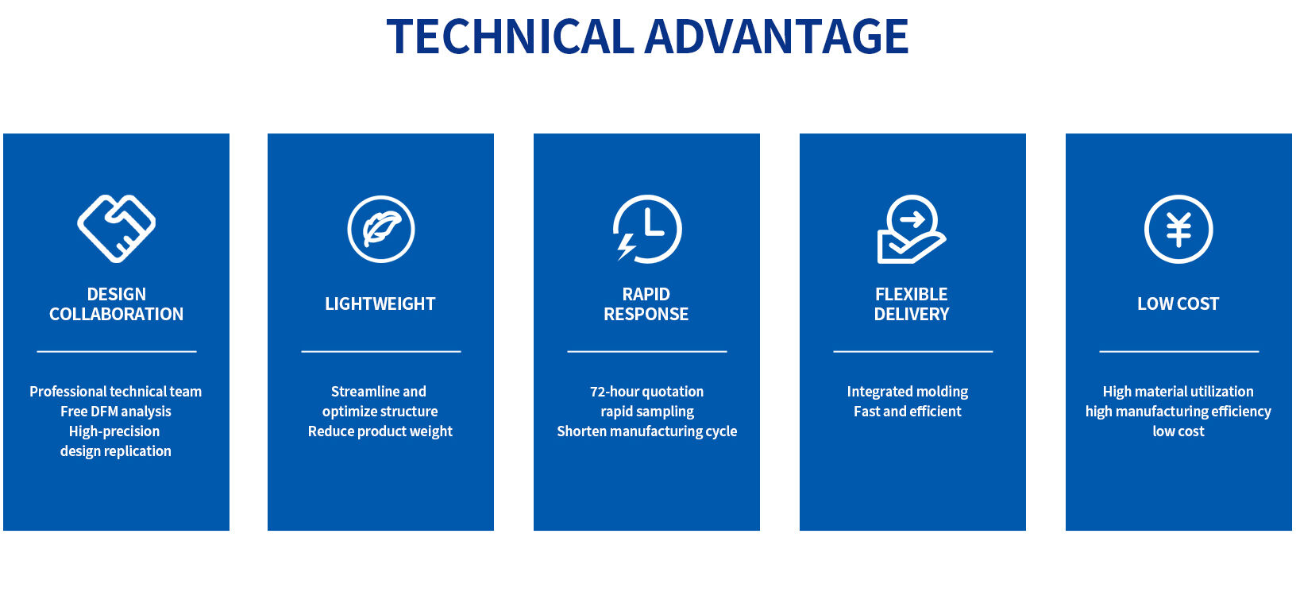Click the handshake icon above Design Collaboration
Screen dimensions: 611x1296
click(x=116, y=229)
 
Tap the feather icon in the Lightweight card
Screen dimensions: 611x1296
click(x=381, y=229)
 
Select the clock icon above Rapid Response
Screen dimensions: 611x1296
click(x=647, y=229)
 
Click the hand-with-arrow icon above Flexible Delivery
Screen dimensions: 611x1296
click(x=911, y=229)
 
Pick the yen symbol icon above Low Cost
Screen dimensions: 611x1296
click(x=1178, y=229)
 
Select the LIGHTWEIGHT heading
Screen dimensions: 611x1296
click(x=380, y=304)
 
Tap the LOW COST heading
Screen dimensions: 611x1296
click(x=1178, y=304)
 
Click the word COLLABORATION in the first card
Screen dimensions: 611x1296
click(x=116, y=314)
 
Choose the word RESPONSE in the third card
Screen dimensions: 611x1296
click(x=646, y=314)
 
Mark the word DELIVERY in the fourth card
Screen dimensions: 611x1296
click(x=912, y=314)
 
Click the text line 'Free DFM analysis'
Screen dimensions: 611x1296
click(x=116, y=411)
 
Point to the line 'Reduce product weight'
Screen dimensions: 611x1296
click(x=380, y=431)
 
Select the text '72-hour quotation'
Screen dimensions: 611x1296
click(x=646, y=391)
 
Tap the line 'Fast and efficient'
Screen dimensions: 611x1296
click(x=907, y=411)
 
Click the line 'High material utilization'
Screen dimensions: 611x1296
click(x=1178, y=391)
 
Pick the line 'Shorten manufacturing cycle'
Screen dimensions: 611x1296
click(x=646, y=431)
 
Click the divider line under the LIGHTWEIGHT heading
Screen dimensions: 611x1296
click(x=381, y=350)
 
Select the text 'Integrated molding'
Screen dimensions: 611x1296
click(x=907, y=391)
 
